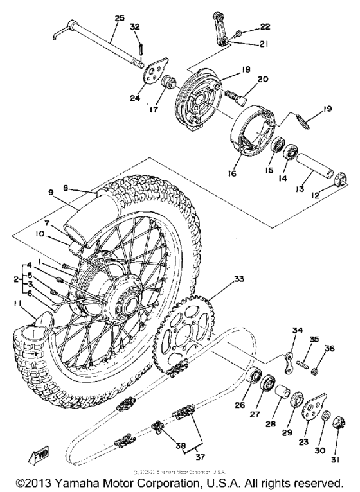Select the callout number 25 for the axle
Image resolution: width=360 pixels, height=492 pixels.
pyautogui.click(x=120, y=19)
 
